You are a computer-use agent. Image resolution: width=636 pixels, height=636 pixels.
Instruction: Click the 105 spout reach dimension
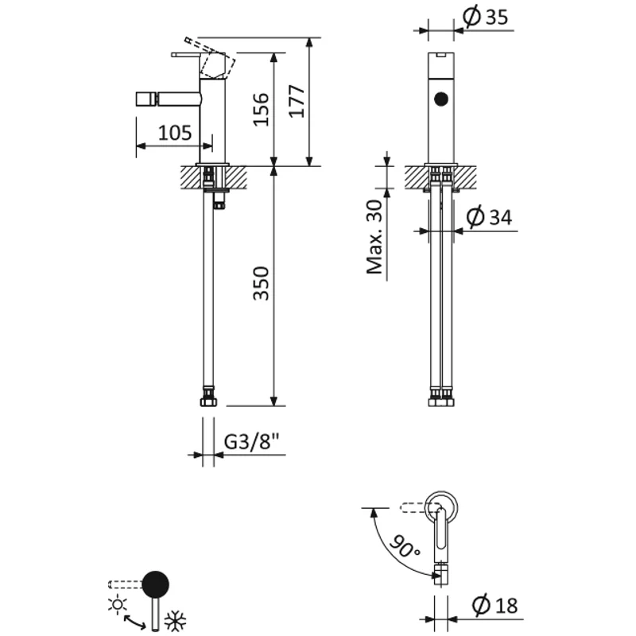click(174, 133)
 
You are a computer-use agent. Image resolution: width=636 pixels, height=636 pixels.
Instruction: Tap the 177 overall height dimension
click(296, 101)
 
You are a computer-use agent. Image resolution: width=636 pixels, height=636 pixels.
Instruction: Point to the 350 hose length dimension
click(261, 284)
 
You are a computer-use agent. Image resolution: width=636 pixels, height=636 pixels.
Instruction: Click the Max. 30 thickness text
click(375, 236)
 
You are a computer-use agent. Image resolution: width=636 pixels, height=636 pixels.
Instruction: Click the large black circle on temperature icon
click(155, 584)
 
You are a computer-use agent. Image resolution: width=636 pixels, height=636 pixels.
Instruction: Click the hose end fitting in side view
click(209, 397)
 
